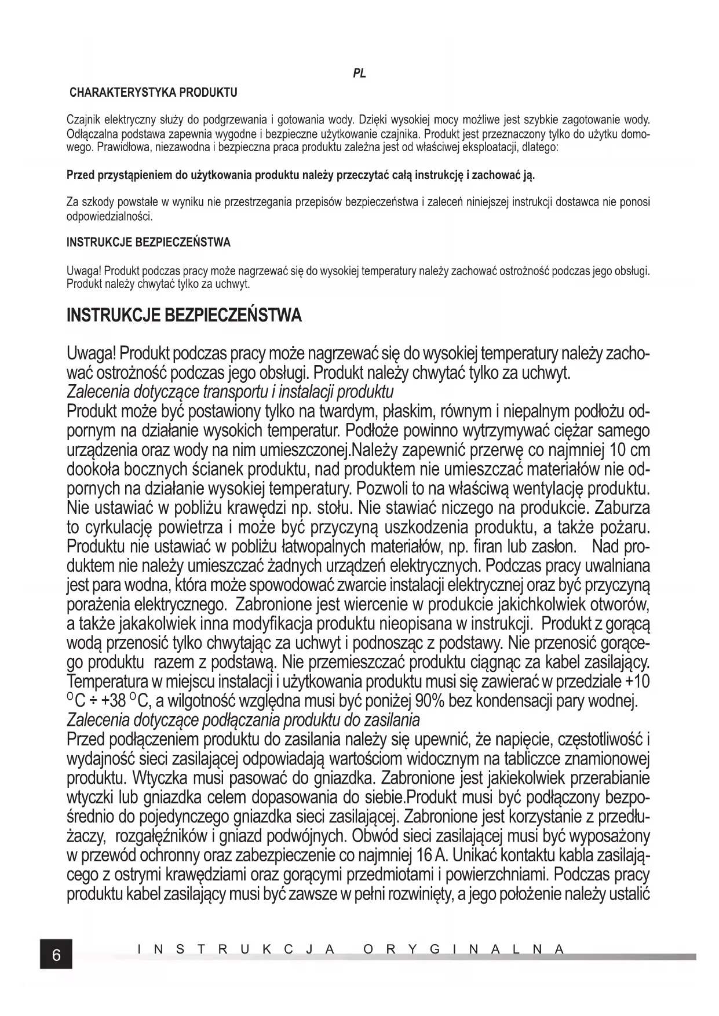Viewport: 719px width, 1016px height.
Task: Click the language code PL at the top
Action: pyautogui.click(x=359, y=74)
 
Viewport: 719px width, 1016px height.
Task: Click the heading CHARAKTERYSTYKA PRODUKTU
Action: pyautogui.click(x=154, y=93)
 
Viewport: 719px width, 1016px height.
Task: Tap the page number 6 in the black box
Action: pyautogui.click(x=56, y=955)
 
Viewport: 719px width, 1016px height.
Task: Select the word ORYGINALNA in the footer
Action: pyautogui.click(x=463, y=949)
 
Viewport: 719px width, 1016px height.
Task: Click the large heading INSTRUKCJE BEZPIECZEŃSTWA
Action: pyautogui.click(x=184, y=316)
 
